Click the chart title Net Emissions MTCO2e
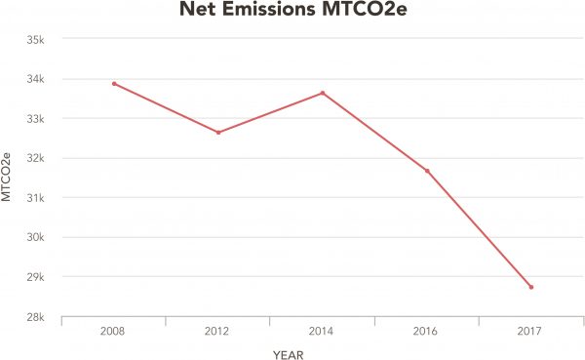click(x=293, y=13)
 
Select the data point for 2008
click(x=114, y=84)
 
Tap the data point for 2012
click(x=218, y=132)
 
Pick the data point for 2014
click(x=323, y=93)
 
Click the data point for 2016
click(x=427, y=171)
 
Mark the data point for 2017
click(x=531, y=287)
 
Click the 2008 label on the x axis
click(x=114, y=333)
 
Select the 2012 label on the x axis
click(x=218, y=333)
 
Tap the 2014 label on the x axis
click(x=323, y=333)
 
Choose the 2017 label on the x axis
click(x=531, y=333)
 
